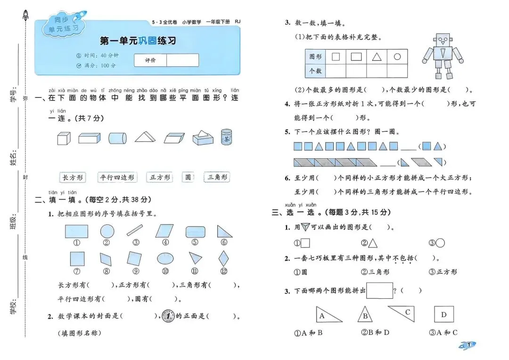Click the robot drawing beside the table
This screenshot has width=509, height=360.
click(443, 56)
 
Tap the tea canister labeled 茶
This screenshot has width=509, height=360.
click(227, 137)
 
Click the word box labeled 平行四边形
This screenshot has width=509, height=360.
click(117, 178)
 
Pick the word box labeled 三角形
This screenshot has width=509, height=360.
click(217, 177)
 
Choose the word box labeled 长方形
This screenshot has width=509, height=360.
click(73, 178)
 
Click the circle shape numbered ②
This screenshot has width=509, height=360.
click(107, 231)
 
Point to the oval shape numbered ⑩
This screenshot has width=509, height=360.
click(165, 259)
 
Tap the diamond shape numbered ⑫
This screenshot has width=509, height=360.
click(224, 258)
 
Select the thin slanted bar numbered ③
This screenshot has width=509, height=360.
click(135, 230)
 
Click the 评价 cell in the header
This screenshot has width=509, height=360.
click(150, 60)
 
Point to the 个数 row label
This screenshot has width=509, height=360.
click(315, 71)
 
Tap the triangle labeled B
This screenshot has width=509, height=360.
click(365, 315)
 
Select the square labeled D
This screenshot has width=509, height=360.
click(443, 314)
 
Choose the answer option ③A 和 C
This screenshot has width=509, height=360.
click(443, 333)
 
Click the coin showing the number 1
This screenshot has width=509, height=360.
click(168, 316)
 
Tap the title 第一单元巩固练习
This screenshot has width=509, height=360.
click(138, 41)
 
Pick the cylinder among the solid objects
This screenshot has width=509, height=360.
click(117, 138)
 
